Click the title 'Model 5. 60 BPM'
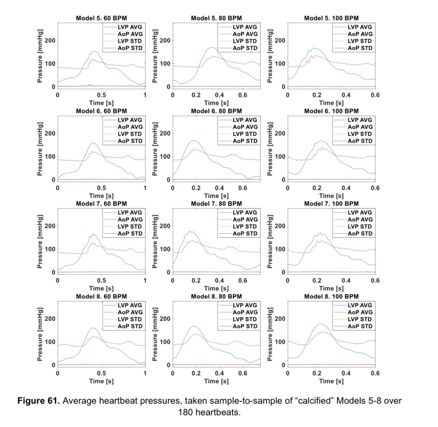click(x=101, y=18)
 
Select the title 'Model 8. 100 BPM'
click(x=331, y=296)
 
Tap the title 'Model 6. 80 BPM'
click(x=216, y=111)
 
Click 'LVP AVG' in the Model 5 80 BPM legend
click(x=245, y=27)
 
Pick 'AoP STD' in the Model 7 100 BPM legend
click(x=360, y=233)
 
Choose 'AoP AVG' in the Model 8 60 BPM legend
click(x=130, y=312)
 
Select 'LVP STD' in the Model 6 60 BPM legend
click(x=130, y=134)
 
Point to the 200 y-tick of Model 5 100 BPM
click(x=280, y=41)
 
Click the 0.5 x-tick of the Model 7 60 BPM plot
click(x=101, y=281)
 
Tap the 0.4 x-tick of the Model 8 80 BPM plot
click(x=219, y=373)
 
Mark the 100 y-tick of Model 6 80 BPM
click(x=165, y=157)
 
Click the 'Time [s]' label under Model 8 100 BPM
click(x=331, y=381)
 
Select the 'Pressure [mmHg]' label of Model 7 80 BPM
click(x=155, y=241)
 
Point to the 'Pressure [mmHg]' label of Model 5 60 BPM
click(x=40, y=56)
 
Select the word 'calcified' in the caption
click(x=315, y=401)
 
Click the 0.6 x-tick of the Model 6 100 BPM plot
click(x=375, y=188)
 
